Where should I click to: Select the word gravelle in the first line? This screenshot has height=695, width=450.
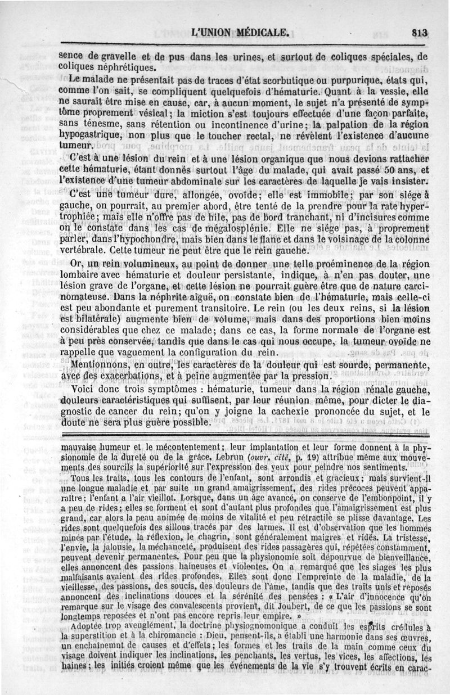[x=119, y=56]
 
